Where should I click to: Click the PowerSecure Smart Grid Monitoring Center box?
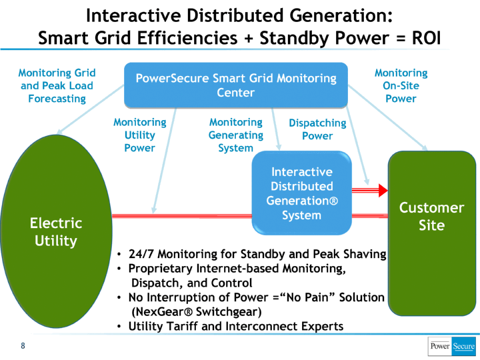coord(236,85)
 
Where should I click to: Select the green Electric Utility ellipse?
coord(56,231)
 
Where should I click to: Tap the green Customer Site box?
coord(432,233)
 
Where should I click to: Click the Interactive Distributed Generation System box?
coord(301,193)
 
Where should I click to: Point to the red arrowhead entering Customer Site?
coord(383,191)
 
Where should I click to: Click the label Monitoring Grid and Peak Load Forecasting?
coord(57,86)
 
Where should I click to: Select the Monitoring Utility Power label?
coord(140,135)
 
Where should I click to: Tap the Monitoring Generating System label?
coord(236,135)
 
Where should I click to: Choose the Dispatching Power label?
coord(317,129)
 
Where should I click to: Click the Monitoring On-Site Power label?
coord(401,86)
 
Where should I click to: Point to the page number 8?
coord(23,346)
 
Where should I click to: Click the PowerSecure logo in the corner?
coord(452,346)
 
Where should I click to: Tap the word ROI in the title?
coord(427,38)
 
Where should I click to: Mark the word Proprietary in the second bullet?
coord(161,269)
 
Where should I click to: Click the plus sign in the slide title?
coord(249,39)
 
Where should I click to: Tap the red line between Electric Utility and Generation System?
coord(182,216)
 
